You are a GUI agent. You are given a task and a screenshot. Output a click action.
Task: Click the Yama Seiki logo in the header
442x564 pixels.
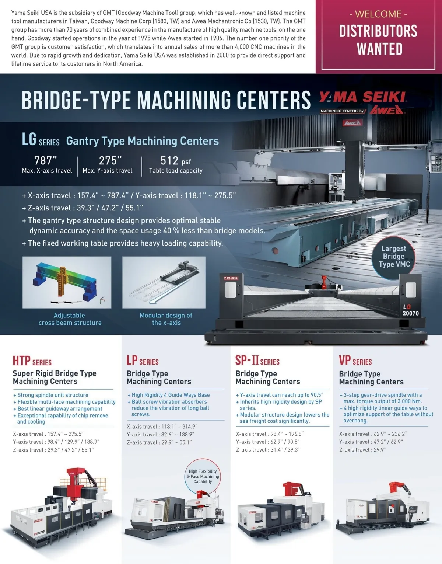point(363,98)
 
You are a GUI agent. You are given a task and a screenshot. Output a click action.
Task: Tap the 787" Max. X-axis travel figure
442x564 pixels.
point(47,164)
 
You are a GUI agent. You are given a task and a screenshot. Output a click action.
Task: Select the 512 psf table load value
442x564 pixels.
point(175,164)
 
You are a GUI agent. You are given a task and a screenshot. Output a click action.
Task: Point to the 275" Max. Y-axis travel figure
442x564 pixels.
point(108,164)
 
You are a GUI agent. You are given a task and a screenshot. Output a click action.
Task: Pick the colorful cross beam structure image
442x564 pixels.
point(67,282)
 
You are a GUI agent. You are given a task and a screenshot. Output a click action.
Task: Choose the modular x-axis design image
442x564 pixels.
point(164,282)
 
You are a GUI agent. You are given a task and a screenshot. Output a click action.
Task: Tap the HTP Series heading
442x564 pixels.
point(32,361)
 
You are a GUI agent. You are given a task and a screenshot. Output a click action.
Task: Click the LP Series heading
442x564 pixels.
point(143,361)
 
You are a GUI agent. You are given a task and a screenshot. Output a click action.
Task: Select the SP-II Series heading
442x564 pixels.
point(257,361)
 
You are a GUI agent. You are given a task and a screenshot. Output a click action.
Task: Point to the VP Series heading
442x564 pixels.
point(355,361)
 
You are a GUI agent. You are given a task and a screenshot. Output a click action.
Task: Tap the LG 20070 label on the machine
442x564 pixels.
point(410,310)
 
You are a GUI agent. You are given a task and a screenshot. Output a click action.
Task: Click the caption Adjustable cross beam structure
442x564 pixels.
point(70,319)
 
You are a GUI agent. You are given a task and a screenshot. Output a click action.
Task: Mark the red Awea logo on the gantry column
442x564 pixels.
point(352,123)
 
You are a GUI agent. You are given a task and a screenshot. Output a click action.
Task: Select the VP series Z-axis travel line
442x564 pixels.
point(362,449)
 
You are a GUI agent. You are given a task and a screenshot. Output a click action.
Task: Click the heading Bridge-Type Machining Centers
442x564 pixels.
point(166,100)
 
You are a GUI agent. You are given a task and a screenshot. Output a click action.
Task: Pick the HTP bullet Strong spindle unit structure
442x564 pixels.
point(51,395)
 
